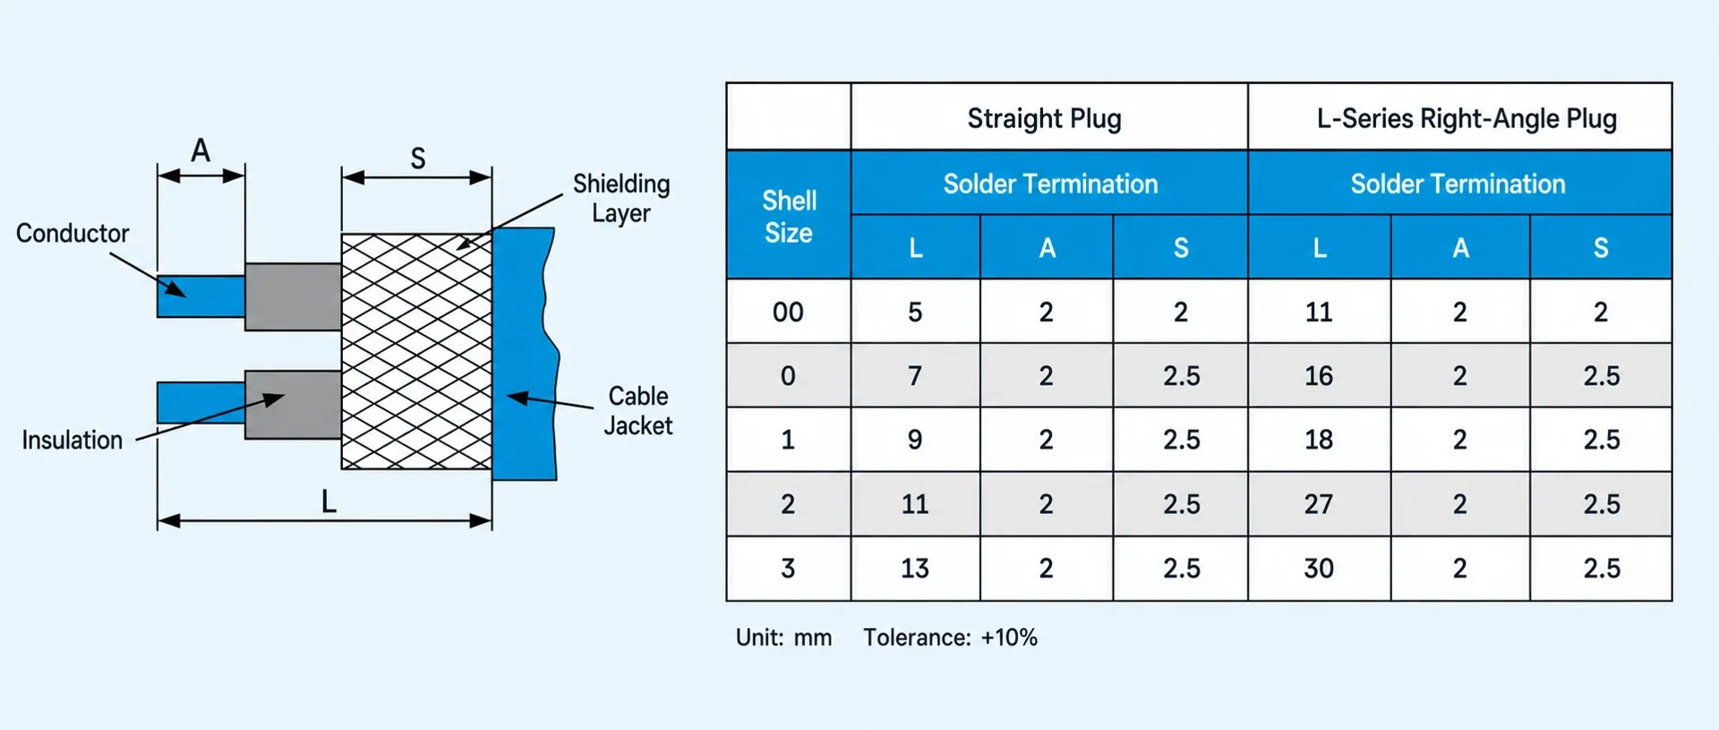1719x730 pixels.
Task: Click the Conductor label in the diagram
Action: click(x=73, y=234)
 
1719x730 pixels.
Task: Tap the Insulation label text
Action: click(x=73, y=440)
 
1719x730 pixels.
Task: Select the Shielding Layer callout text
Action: click(x=621, y=198)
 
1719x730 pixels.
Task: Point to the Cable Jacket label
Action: click(x=638, y=410)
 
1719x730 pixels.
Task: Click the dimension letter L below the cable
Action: click(x=329, y=502)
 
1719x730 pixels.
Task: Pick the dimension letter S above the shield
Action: click(x=418, y=159)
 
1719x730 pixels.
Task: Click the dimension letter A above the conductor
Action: click(x=201, y=150)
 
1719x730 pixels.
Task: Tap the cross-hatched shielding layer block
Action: click(x=416, y=351)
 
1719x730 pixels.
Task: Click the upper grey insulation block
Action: click(x=293, y=296)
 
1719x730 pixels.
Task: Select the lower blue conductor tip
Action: click(x=201, y=402)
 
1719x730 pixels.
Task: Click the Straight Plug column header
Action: click(x=1045, y=118)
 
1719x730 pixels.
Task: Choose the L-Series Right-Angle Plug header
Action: click(x=1467, y=118)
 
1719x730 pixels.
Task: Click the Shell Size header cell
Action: click(x=789, y=216)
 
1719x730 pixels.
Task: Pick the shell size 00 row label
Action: click(x=788, y=312)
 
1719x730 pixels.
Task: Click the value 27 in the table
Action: click(x=1319, y=504)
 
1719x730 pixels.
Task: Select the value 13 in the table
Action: click(x=915, y=569)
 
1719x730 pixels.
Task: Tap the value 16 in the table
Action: click(x=1319, y=376)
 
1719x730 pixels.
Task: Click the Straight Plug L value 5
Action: click(x=915, y=312)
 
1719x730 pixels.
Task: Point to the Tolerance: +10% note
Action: click(x=950, y=638)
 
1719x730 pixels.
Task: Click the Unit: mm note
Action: click(x=783, y=638)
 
